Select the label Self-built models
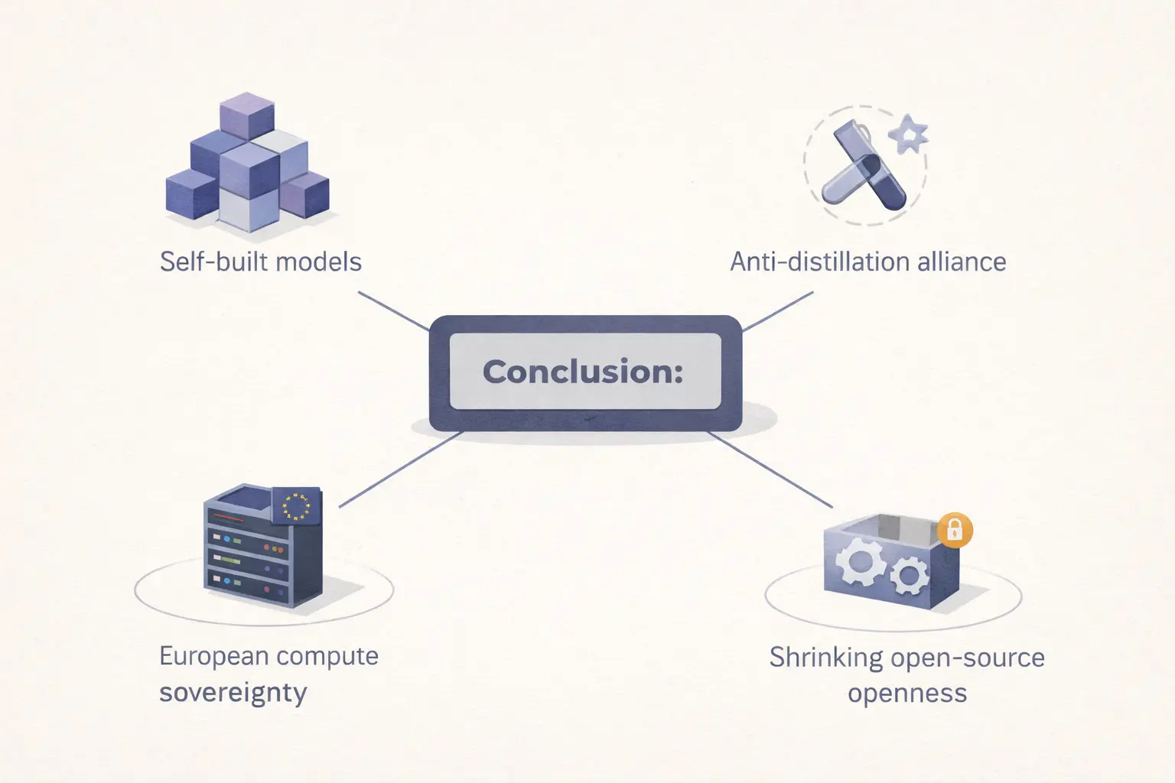pos(260,262)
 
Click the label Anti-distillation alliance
pos(868,262)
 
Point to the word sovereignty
pos(233,693)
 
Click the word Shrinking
pos(815,658)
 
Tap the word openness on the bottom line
pos(907,694)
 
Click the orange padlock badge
pos(955,529)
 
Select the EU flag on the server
pos(297,505)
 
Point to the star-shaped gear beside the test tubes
pos(909,135)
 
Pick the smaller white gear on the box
pos(908,574)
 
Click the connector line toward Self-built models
pos(393,311)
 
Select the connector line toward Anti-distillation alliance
pos(778,311)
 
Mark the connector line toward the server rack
pos(401,469)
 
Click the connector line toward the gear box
pos(770,469)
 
